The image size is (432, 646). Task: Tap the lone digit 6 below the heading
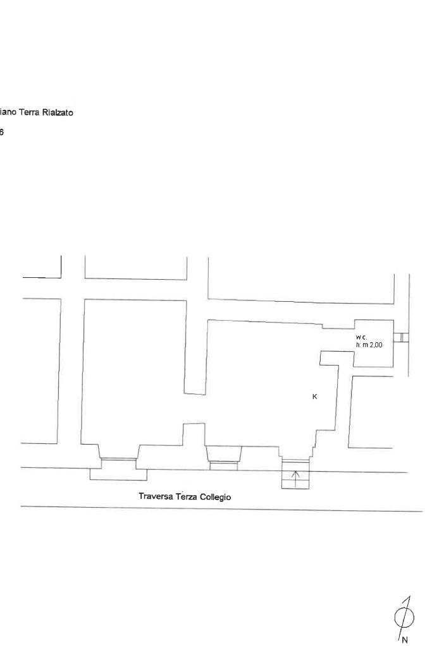tap(2, 132)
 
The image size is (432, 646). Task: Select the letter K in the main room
tap(314, 397)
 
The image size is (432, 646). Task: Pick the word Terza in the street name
tap(187, 496)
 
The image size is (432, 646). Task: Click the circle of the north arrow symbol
tap(405, 617)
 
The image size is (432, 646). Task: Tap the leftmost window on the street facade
tap(118, 459)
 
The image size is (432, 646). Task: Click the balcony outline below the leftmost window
tap(118, 474)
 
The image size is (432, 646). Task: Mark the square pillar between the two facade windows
tap(194, 434)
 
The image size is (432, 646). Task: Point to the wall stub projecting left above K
tap(329, 357)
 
